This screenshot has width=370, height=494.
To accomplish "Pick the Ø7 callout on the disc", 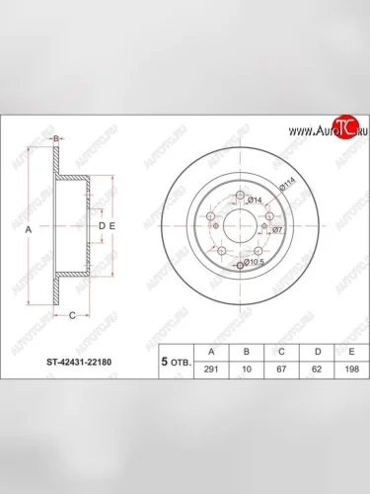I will tap(278, 230).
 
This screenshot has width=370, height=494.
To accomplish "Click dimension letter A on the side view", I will tap(28, 228).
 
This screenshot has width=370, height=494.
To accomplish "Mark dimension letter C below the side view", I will tap(71, 315).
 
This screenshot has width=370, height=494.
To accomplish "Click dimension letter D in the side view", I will tap(102, 227).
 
